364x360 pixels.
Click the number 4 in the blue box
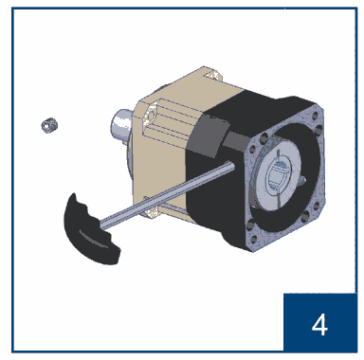pos(319,325)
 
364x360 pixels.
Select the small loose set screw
pos(49,125)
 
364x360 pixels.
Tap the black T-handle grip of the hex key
pos(91,230)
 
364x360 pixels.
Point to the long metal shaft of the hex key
pos(167,193)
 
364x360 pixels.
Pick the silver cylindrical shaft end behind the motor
pos(120,125)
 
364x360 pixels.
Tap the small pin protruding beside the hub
pos(302,179)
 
